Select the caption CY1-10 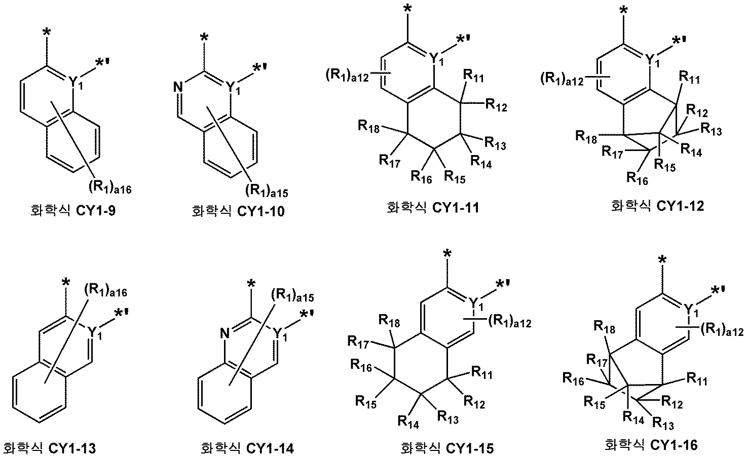tap(238, 211)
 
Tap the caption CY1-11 tap(432, 208)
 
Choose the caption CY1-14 tap(247, 448)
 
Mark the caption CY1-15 tap(446, 448)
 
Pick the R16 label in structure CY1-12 tap(638, 177)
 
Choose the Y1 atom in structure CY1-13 tap(94, 332)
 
